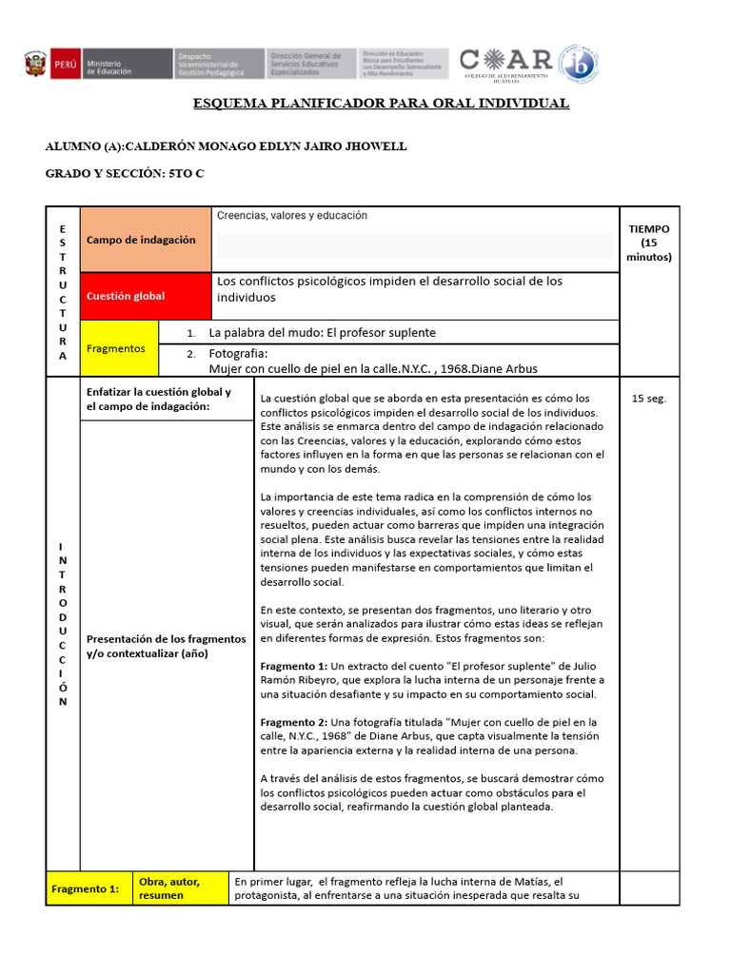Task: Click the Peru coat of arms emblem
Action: (x=34, y=65)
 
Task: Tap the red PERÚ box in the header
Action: (x=64, y=65)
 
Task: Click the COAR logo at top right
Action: (x=505, y=63)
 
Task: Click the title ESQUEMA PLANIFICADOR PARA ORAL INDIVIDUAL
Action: (x=381, y=104)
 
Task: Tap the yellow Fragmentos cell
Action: (x=116, y=349)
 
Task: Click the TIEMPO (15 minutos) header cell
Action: (x=649, y=243)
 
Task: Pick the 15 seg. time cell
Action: (x=649, y=399)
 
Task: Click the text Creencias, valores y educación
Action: (x=291, y=216)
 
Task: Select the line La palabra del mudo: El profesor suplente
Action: (x=322, y=333)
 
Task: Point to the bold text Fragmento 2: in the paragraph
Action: (x=293, y=722)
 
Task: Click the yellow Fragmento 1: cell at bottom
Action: (x=86, y=889)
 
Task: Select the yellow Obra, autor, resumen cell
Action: (x=169, y=888)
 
